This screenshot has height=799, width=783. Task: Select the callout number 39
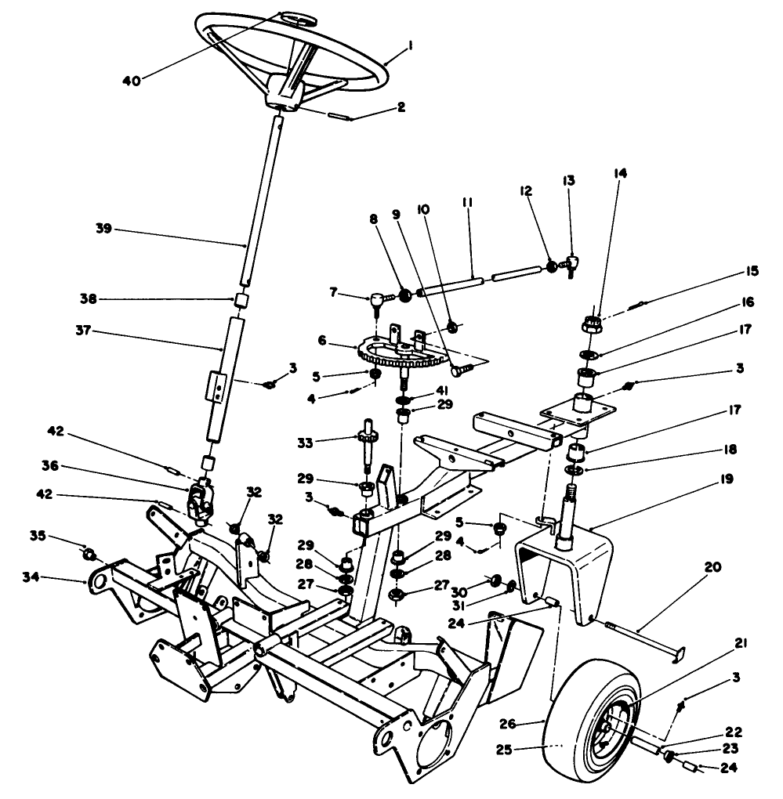pos(103,229)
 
